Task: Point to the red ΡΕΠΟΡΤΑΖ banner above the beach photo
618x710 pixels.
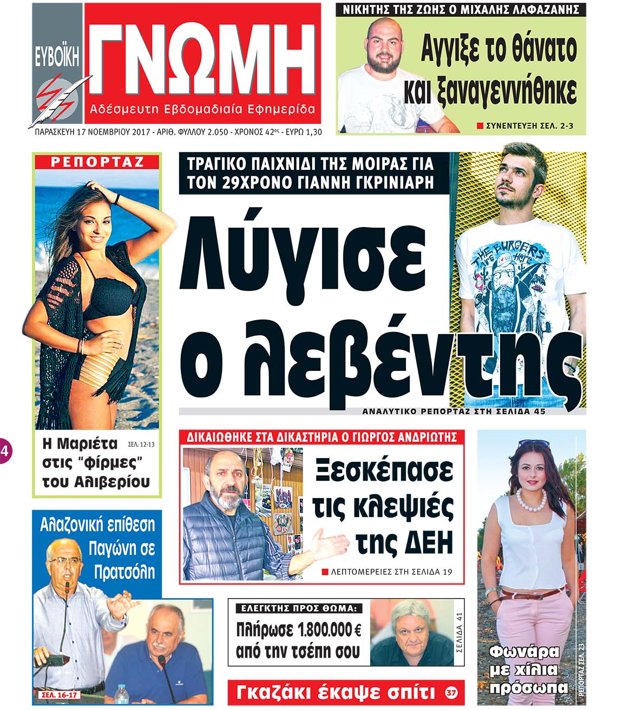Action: [x=97, y=162]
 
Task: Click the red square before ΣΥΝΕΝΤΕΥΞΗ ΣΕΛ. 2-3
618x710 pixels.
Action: [x=479, y=126]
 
